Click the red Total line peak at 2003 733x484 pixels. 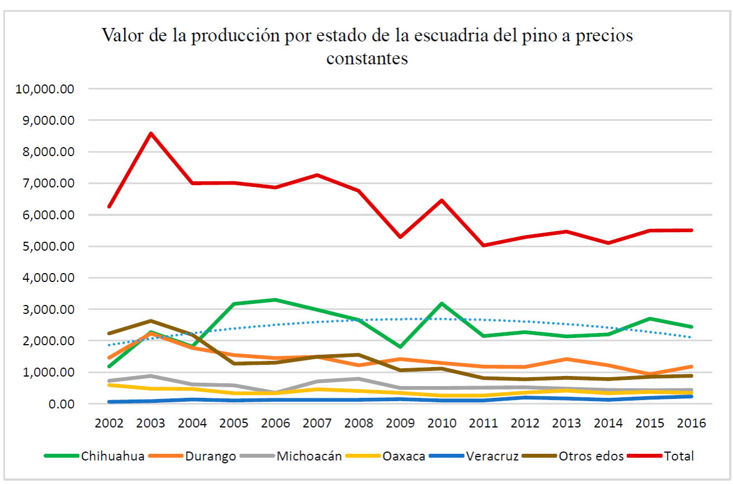click(151, 133)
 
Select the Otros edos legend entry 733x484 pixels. click(590, 456)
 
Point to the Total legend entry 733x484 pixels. click(679, 456)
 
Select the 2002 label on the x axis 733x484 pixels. click(110, 422)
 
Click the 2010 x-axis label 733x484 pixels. click(442, 422)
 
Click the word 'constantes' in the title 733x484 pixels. click(367, 58)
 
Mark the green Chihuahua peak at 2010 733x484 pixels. click(442, 304)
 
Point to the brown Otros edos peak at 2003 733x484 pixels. click(151, 321)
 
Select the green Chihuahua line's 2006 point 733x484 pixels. click(276, 300)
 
